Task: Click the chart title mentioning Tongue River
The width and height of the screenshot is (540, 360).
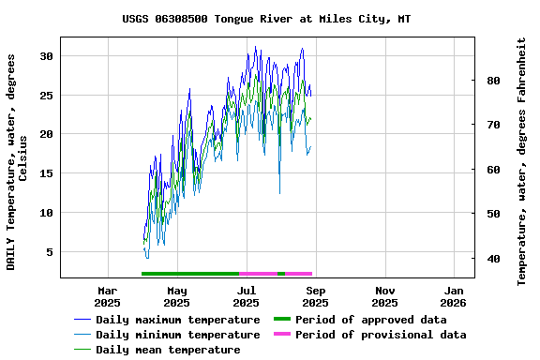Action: pyautogui.click(x=266, y=19)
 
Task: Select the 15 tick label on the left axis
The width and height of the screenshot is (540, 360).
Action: pyautogui.click(x=45, y=173)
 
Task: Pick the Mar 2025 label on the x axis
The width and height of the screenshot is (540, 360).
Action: pyautogui.click(x=108, y=296)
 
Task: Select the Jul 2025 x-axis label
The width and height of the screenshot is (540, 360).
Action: pyautogui.click(x=246, y=296)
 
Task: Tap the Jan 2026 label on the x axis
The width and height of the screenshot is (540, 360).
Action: pyautogui.click(x=454, y=296)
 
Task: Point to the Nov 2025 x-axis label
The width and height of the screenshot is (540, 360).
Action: pyautogui.click(x=384, y=296)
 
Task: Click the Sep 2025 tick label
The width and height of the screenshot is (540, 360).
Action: pyautogui.click(x=315, y=296)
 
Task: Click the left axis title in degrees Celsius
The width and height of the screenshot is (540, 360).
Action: pyautogui.click(x=17, y=161)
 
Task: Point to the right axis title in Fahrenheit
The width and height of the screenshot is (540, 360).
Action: pyautogui.click(x=522, y=161)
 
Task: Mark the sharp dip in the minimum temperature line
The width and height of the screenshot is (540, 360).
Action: pyautogui.click(x=279, y=192)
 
